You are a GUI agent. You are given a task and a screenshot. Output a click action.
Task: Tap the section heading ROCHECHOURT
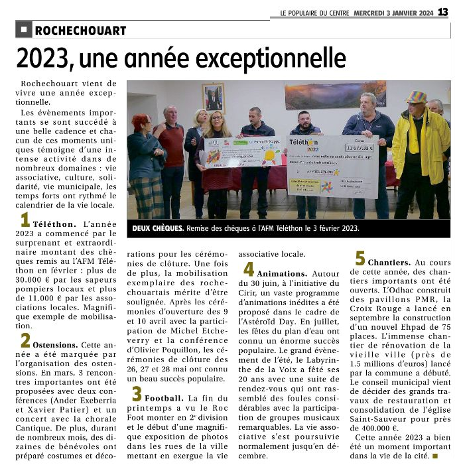coord(80,31)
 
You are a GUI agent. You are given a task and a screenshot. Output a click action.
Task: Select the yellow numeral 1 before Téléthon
coord(25,220)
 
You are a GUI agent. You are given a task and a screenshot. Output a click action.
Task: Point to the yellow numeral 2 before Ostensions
coord(25,340)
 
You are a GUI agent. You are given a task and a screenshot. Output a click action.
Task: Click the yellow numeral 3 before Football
coord(137,394)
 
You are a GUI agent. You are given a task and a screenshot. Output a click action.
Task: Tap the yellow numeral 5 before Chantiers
coord(360,258)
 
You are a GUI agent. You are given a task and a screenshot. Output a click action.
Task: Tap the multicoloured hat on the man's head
coord(416,98)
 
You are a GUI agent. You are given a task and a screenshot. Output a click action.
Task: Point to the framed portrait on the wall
coord(214,98)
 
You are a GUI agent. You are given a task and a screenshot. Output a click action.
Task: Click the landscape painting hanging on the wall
coord(335,95)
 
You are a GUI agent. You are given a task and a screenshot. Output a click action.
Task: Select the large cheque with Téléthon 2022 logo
coord(332,165)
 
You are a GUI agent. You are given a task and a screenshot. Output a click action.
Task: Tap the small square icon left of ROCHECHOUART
coord(24,30)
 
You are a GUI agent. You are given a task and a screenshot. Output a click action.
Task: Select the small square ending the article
coord(434,456)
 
